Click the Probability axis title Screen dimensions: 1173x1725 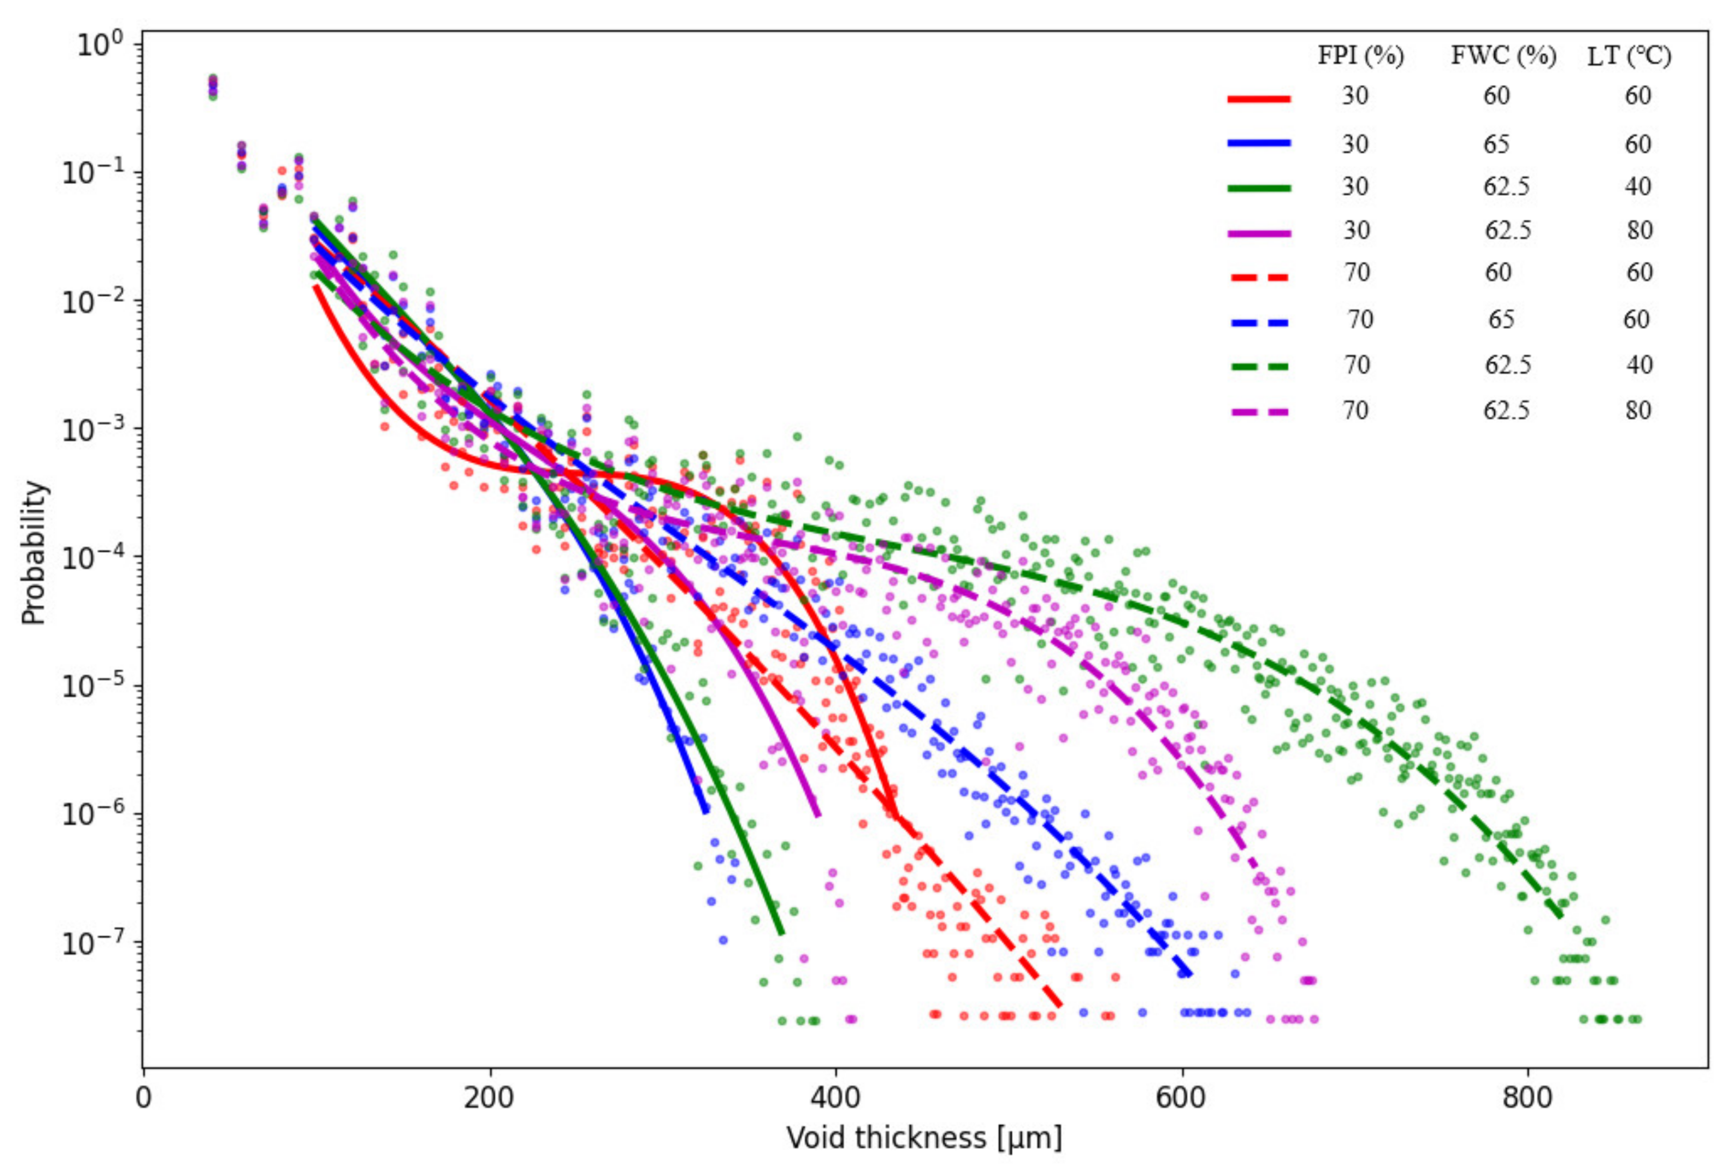click(x=33, y=553)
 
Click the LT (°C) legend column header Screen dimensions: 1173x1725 click(x=1629, y=56)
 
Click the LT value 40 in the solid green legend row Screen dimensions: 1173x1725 click(x=1637, y=186)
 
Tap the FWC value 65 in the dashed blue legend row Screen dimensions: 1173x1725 click(x=1501, y=320)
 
